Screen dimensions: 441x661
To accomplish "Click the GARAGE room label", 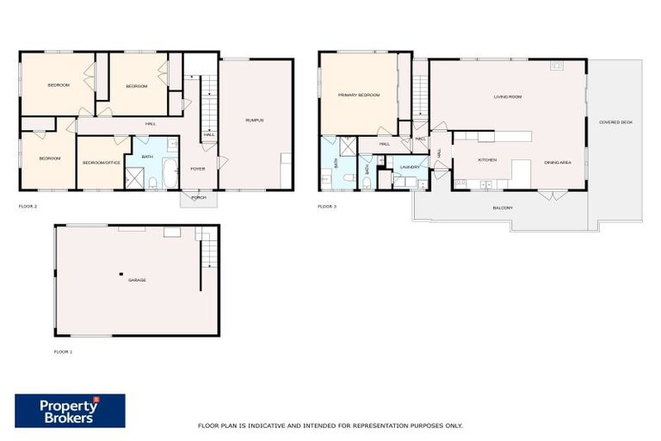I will [x=136, y=281].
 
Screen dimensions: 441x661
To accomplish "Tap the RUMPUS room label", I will [x=254, y=120].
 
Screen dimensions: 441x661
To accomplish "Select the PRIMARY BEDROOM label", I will [x=358, y=96].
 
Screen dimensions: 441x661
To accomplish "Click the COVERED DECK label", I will [x=615, y=122].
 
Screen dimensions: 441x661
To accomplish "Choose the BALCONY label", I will [x=503, y=208].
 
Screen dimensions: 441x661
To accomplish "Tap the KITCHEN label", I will [x=488, y=160].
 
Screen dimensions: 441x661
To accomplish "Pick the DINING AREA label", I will [x=558, y=162].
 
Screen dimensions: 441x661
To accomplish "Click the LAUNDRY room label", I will [x=408, y=166].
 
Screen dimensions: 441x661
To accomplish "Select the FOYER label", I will [x=198, y=169].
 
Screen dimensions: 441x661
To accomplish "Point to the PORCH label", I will [x=199, y=197].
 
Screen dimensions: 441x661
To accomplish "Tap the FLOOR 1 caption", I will [x=64, y=351].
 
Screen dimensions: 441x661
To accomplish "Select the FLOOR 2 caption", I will [x=28, y=207].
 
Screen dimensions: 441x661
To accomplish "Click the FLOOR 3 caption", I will [x=327, y=207].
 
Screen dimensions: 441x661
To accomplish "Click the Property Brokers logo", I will [x=70, y=411].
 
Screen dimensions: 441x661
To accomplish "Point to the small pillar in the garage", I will [x=121, y=274].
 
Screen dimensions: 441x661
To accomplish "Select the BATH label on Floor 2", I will [x=147, y=157].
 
